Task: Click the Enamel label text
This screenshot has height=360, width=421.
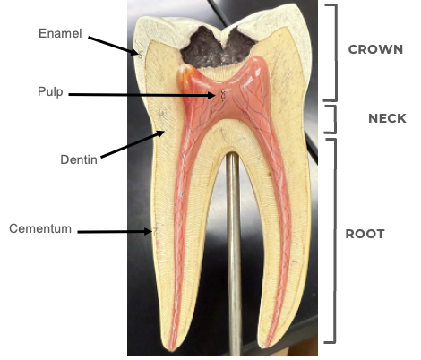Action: click(x=60, y=33)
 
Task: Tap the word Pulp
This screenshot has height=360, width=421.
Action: click(x=50, y=91)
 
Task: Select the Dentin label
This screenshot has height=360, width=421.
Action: click(x=79, y=159)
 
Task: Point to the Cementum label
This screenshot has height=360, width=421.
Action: click(x=40, y=228)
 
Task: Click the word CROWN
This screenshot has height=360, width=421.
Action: click(x=375, y=49)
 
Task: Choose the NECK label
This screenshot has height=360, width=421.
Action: click(x=387, y=118)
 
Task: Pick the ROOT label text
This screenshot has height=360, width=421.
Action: click(x=365, y=234)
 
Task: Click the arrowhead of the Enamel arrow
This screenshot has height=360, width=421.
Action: click(x=138, y=54)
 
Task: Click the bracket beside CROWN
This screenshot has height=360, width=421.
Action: click(x=336, y=52)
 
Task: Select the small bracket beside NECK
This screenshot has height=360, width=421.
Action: click(x=335, y=119)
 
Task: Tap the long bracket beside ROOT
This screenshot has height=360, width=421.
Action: click(x=335, y=241)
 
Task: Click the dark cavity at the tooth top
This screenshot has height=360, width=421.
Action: click(x=218, y=47)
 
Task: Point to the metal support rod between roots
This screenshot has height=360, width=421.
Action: click(x=233, y=253)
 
